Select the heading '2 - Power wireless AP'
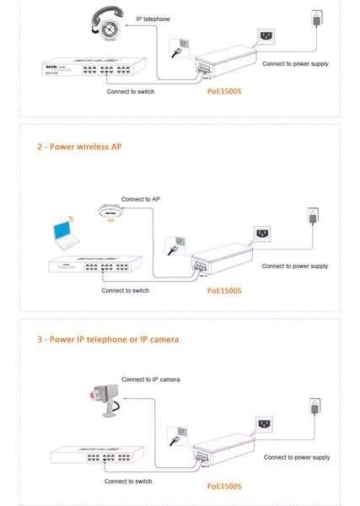click(x=78, y=145)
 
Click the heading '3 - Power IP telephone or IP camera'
click(x=106, y=339)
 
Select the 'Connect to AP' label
click(x=141, y=199)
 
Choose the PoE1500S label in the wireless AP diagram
click(x=224, y=290)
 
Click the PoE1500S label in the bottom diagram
click(x=224, y=486)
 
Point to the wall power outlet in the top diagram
click(x=318, y=15)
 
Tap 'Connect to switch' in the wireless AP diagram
click(x=126, y=290)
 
